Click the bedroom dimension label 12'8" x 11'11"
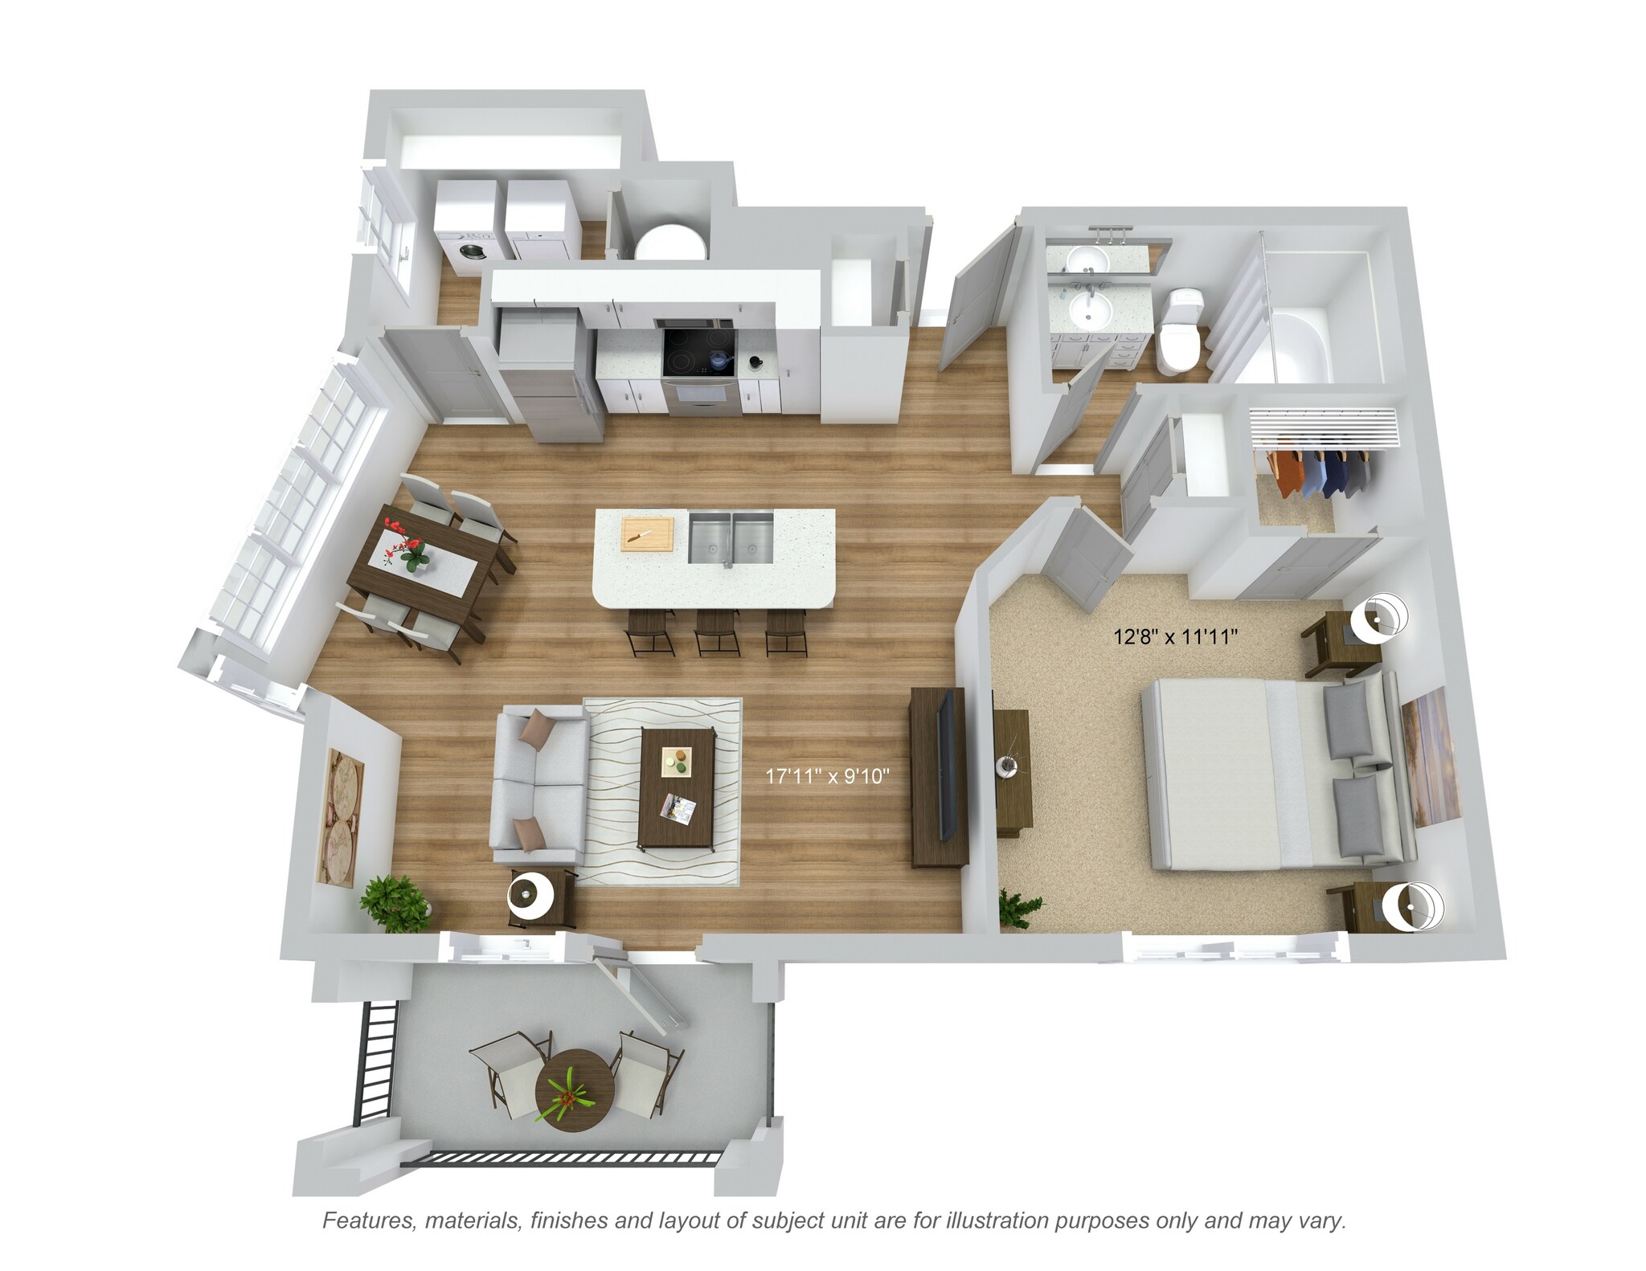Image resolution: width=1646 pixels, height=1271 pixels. click(x=1173, y=637)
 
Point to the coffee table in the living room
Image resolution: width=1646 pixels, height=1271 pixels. click(x=677, y=787)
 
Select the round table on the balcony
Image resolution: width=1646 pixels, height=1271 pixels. click(x=574, y=1089)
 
